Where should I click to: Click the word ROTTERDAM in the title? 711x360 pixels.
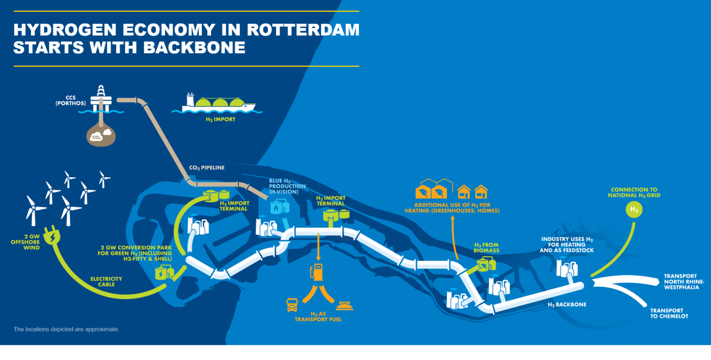tap(303, 30)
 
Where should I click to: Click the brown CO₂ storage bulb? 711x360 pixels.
tap(101, 134)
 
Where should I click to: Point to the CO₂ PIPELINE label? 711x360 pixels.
tap(206, 168)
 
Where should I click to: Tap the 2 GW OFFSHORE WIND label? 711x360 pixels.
tap(25, 242)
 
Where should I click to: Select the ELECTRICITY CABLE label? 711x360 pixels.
tap(106, 281)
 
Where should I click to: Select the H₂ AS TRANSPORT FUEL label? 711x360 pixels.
tap(318, 317)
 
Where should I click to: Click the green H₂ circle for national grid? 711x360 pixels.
tap(634, 210)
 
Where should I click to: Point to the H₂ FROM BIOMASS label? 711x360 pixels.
tap(486, 248)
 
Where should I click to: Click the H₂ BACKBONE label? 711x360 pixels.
tap(567, 304)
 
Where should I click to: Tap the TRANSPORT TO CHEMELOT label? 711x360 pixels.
tap(669, 313)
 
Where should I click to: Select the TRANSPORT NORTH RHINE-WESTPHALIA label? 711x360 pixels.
tap(684, 281)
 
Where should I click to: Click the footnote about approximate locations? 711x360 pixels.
tap(66, 329)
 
